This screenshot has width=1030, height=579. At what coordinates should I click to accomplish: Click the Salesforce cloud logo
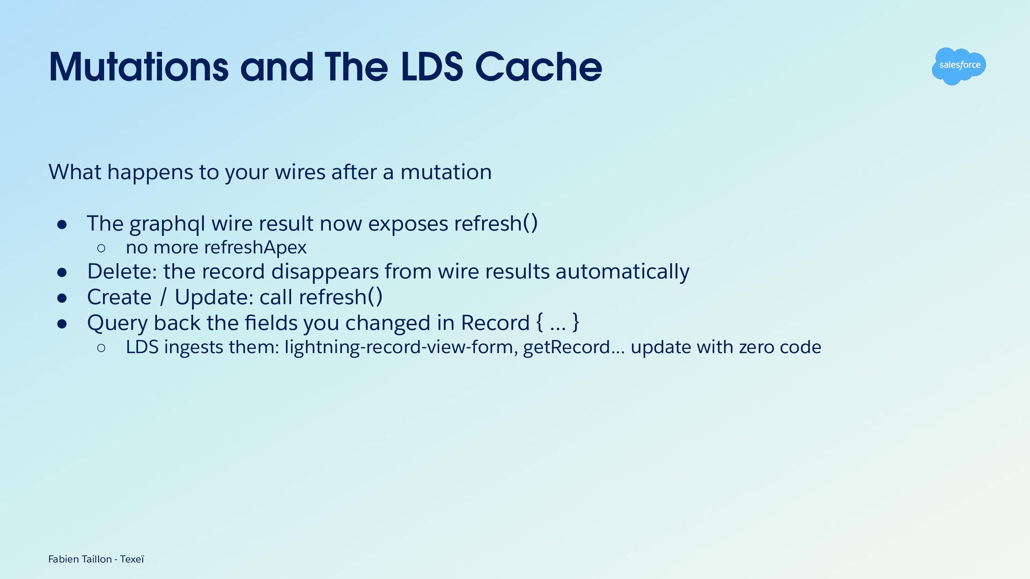959,66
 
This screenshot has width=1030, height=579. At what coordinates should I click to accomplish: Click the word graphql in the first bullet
167,225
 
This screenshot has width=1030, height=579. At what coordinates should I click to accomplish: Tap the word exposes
408,225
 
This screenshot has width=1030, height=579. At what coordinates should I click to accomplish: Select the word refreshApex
255,248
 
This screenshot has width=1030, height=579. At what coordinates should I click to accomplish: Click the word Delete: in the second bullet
122,271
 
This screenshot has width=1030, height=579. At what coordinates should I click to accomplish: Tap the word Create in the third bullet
120,297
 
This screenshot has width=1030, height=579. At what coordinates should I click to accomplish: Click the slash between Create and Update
163,297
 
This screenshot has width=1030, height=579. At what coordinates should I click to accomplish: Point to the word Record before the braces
495,323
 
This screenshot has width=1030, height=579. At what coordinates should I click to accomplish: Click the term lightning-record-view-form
401,347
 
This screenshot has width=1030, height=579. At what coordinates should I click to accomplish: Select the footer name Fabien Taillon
80,559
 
